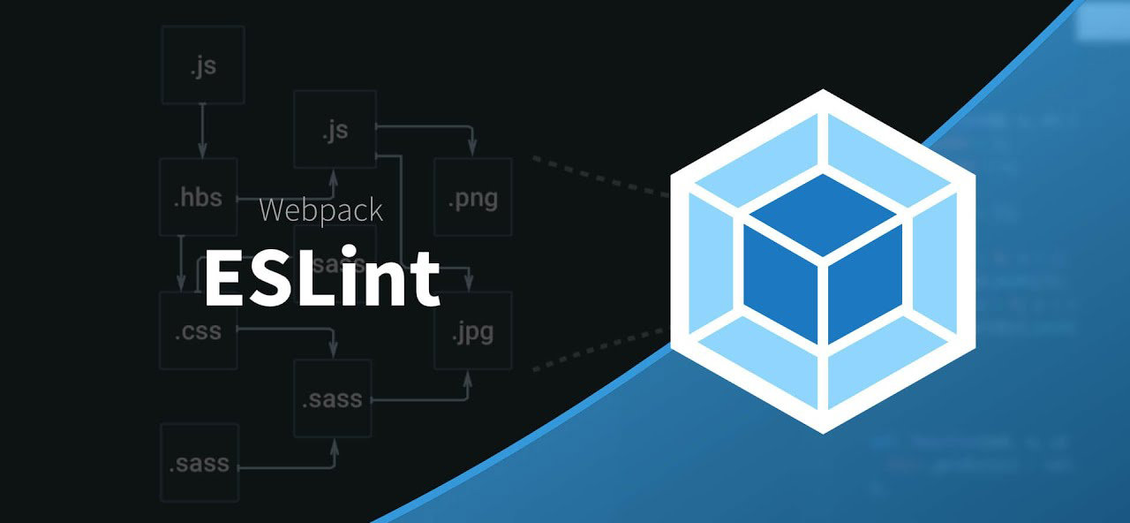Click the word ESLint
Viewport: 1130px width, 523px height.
coord(321,277)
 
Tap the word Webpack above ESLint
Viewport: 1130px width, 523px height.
coord(321,210)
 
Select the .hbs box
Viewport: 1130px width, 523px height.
coord(198,196)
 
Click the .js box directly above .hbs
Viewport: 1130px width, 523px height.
coord(202,64)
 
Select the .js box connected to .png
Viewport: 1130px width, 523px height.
coord(335,130)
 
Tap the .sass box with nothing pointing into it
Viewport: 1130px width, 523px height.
coord(200,462)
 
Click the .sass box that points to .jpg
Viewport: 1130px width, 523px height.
coord(332,398)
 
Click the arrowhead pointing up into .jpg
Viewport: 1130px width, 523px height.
coord(468,379)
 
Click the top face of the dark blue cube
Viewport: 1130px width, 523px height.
coord(823,214)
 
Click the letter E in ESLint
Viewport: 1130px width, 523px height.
coord(225,277)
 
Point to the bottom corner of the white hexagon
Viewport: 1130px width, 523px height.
coord(823,430)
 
